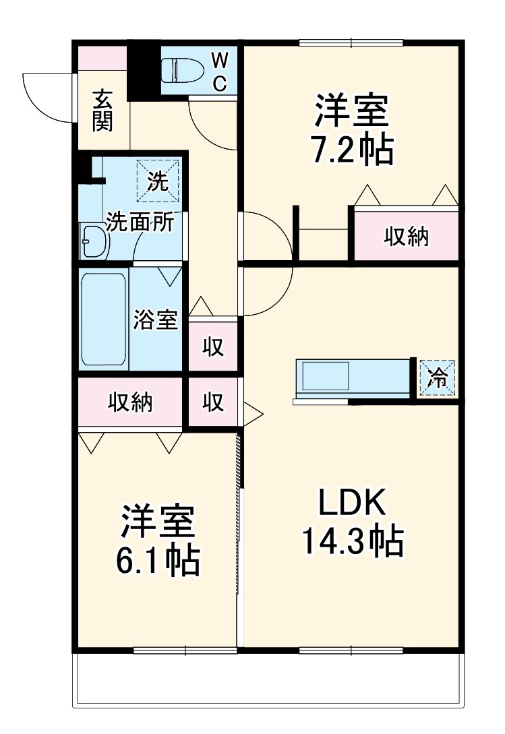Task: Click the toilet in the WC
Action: coord(179,70)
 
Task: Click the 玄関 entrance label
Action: coord(102,110)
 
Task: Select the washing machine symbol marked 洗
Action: coord(158,181)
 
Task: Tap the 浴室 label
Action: coord(155,319)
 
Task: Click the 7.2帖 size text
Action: coord(351,152)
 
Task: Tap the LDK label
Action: coord(351,503)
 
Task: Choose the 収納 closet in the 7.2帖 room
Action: coord(407,236)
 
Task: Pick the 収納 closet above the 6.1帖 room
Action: coord(130,402)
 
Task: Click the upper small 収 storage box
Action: coord(213,346)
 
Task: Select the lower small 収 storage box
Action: coord(213,402)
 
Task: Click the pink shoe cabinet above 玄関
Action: coord(102,58)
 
